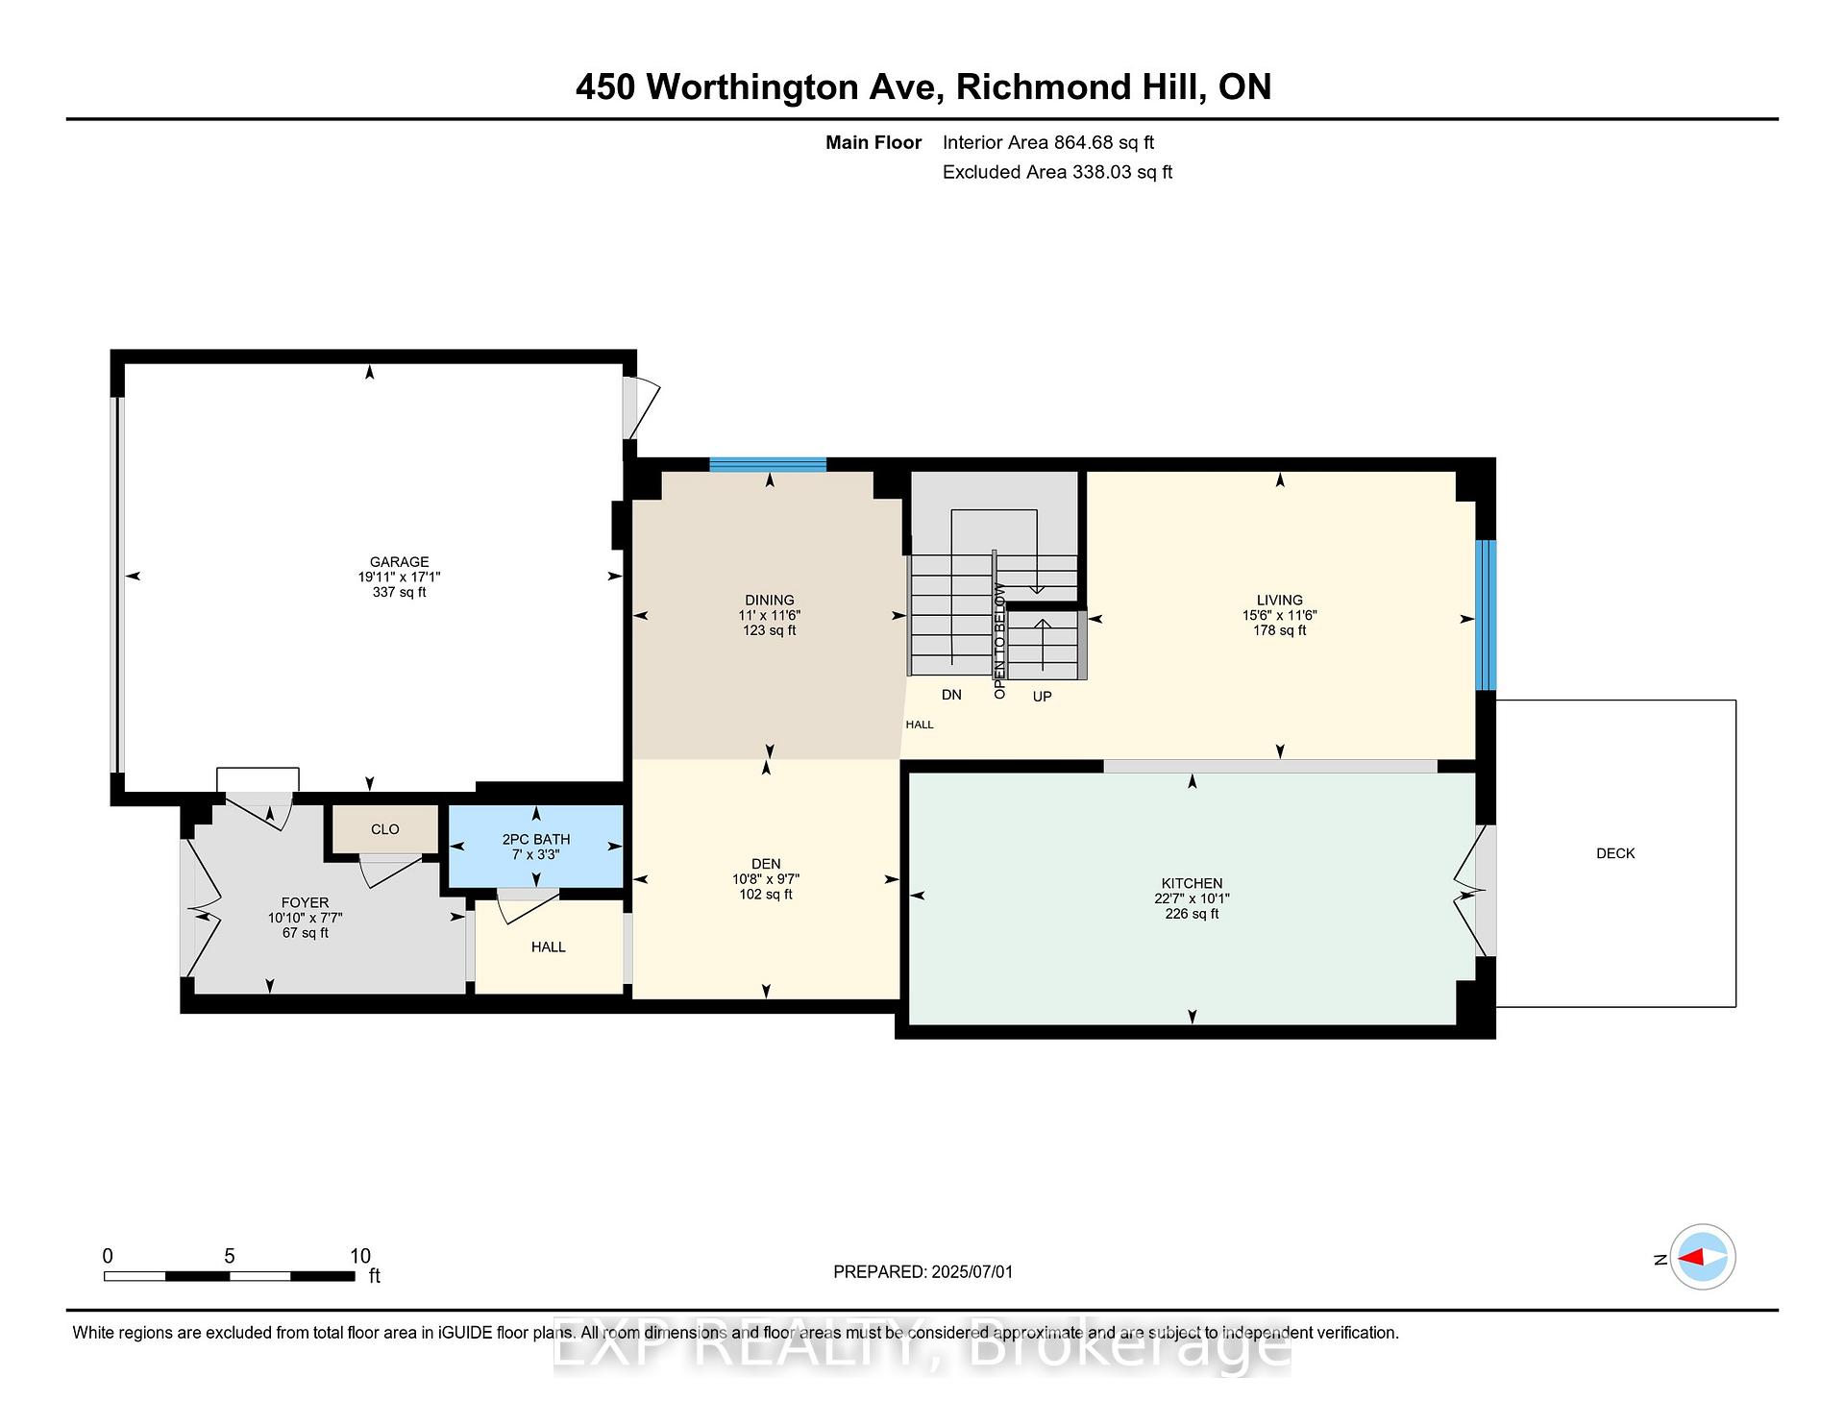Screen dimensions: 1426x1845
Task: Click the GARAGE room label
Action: tap(399, 562)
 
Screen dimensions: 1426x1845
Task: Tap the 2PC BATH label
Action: tap(535, 839)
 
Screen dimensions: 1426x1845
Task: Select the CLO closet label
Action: tap(384, 829)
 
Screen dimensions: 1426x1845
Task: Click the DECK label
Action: tap(1614, 853)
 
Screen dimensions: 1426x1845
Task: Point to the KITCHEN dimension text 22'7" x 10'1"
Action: tap(1192, 898)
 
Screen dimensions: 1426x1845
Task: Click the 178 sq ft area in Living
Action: tap(1279, 630)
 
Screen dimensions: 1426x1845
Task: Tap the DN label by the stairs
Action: tap(950, 695)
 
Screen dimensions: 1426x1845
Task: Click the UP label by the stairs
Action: tap(1042, 697)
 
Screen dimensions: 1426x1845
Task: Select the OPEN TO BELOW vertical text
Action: tap(999, 640)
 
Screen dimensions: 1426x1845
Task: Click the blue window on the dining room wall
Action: tap(768, 465)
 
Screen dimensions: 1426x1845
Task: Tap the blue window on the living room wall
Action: tap(1486, 615)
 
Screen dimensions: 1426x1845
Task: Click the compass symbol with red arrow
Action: tap(1702, 1257)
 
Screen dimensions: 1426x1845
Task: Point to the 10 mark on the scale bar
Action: tap(359, 1256)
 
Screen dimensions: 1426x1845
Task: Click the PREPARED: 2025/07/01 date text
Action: tap(922, 1272)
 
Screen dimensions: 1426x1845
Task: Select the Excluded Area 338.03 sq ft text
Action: tap(1057, 172)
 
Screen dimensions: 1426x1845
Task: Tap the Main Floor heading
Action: tap(873, 143)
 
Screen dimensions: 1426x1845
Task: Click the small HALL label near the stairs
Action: tap(919, 725)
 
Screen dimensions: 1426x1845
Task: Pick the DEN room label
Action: tap(766, 864)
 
